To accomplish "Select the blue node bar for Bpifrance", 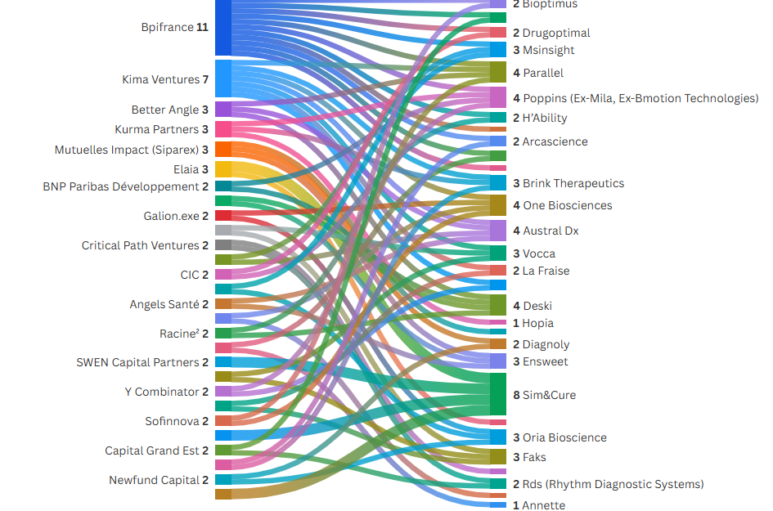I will coord(223,28).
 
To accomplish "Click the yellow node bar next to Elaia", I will coord(223,169).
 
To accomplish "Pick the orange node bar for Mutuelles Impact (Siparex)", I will coord(223,149).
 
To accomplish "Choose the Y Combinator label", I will coord(167,392).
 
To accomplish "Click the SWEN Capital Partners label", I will coord(142,362).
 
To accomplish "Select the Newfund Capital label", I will coord(159,480).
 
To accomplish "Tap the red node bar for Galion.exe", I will coord(223,215).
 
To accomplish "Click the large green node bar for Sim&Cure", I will coord(497,394).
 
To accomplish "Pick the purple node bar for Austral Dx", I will coord(497,231).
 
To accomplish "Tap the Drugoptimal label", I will coord(551,33).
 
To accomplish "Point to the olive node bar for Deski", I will coord(497,305).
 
